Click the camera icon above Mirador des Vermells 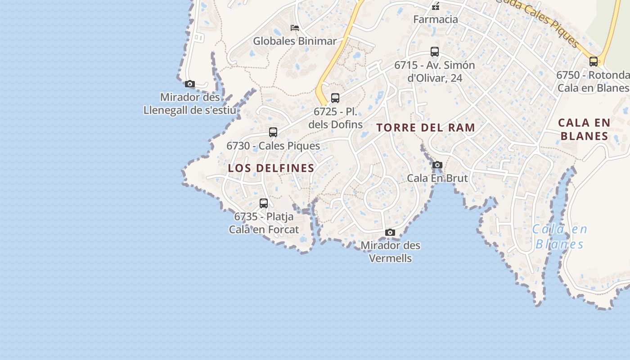coord(390,233)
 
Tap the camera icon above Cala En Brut coord(437,165)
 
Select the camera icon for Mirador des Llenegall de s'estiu coord(190,84)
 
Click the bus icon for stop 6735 coord(264,203)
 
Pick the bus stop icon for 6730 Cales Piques coord(273,132)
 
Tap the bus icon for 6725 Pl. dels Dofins coord(335,98)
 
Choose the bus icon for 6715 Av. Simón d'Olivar coord(435,52)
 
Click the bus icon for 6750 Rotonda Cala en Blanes coord(594,62)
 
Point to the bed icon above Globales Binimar coord(295,28)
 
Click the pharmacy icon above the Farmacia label coord(436,6)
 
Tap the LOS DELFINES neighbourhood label coord(271,168)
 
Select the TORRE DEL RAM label coord(426,128)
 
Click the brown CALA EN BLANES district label coord(584,129)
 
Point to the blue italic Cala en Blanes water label coord(560,237)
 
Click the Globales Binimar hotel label coord(295,41)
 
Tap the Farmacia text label coord(436,19)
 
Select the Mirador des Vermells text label coord(391,252)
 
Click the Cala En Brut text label coord(437,178)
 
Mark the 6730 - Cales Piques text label coord(273,146)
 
